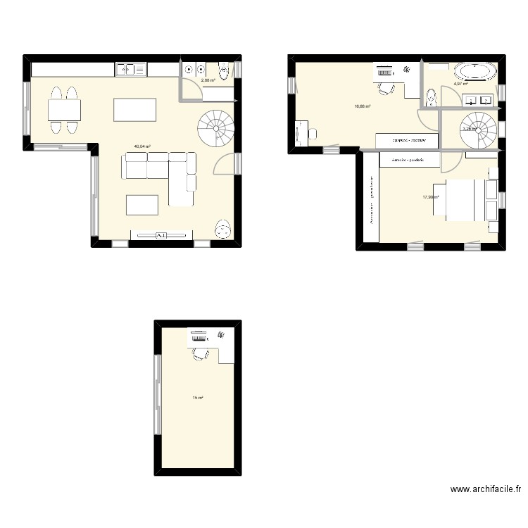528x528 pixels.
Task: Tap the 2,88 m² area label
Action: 208,80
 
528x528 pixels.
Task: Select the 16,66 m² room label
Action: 363,106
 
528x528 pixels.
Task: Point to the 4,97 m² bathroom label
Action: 460,83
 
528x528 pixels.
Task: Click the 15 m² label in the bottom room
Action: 198,398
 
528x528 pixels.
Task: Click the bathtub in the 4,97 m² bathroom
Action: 475,71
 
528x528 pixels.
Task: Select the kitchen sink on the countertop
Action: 130,69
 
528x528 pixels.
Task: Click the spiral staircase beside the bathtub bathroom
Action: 475,128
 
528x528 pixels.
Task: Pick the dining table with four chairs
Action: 63,110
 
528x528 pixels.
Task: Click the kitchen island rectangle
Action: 134,110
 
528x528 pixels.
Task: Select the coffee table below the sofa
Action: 143,204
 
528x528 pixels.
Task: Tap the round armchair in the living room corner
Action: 223,227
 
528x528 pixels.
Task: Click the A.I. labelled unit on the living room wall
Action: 161,235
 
